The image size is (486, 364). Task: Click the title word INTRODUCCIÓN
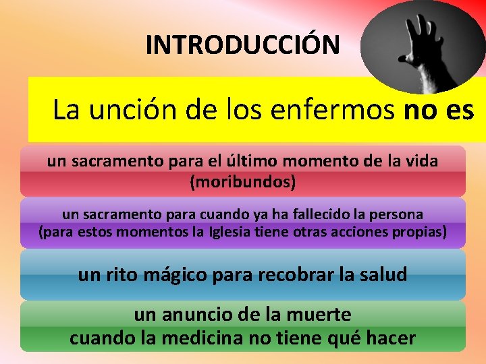pos(243,45)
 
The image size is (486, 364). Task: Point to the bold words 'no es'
pos(439,109)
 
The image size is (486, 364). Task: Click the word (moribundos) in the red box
pos(243,182)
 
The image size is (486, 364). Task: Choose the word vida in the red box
pos(422,162)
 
